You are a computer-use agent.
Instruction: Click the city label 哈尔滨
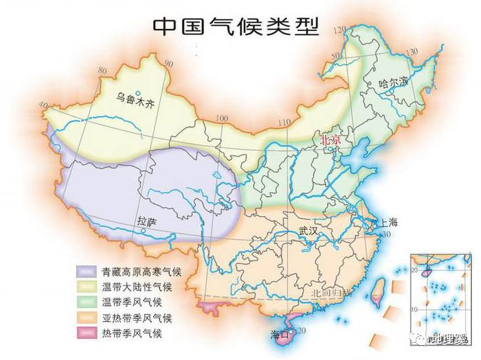pyautogui.click(x=394, y=82)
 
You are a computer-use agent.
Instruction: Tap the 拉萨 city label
pyautogui.click(x=147, y=221)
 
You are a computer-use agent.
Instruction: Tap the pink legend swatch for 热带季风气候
pyautogui.click(x=86, y=333)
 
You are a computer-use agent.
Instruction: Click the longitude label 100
pyautogui.click(x=222, y=119)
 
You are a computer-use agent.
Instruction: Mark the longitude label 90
pyautogui.click(x=169, y=63)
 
